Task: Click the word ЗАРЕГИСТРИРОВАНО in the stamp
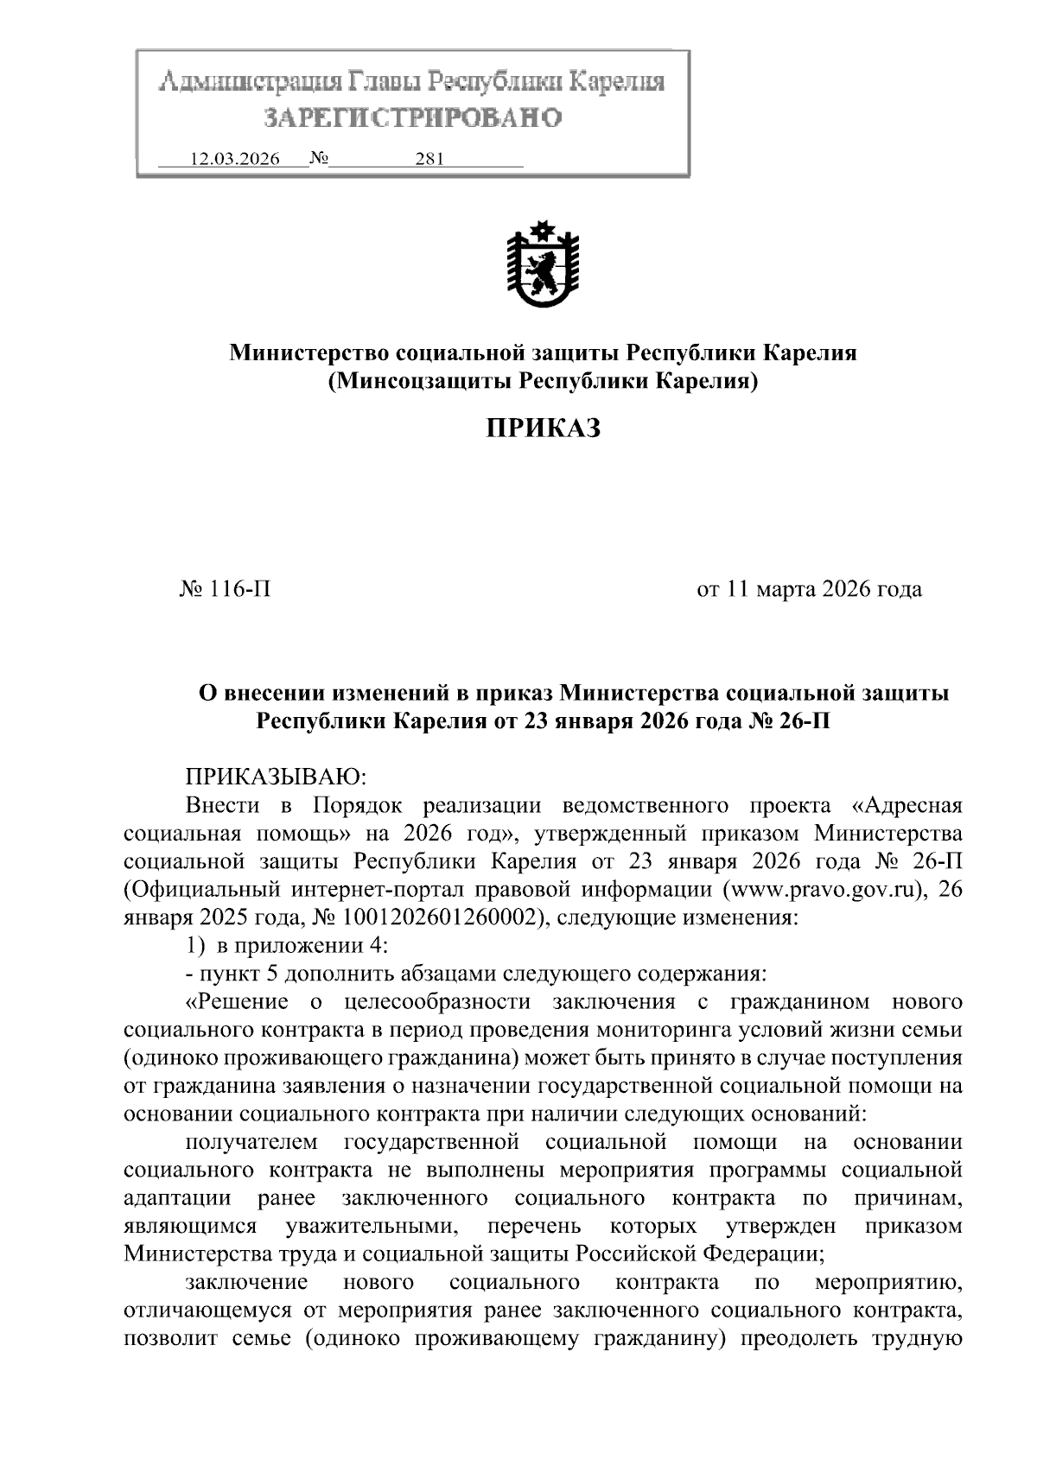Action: coord(412,117)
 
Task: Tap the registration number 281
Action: coord(429,160)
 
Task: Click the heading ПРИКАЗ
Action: coord(542,428)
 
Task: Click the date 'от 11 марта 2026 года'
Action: coord(809,590)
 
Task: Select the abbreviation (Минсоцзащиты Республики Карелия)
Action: coord(543,380)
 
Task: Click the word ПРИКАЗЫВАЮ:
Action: coord(277,777)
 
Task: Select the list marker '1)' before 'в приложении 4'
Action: coord(195,946)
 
